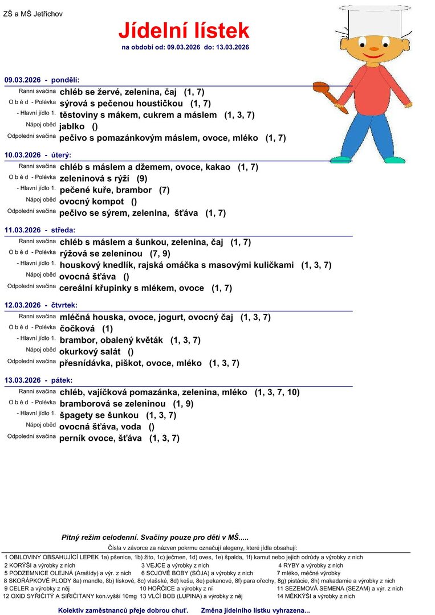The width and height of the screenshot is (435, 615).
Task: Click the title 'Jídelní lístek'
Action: [184, 30]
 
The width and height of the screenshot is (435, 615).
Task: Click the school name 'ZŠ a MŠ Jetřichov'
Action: [33, 14]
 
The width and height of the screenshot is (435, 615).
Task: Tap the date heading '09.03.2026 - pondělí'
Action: [42, 80]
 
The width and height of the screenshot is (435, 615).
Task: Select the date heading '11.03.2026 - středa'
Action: [40, 230]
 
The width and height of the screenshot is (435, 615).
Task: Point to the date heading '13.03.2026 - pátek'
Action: [38, 380]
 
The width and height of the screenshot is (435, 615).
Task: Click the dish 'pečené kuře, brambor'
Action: [105, 190]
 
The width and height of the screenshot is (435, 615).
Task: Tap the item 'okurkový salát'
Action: [90, 351]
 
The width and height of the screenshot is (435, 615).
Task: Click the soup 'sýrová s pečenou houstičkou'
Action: [121, 103]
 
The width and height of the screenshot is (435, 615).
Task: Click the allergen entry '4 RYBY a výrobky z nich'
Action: [311, 565]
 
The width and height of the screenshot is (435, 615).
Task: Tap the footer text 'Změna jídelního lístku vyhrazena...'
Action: [255, 610]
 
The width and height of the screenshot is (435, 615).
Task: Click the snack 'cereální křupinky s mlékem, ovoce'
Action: [132, 288]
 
